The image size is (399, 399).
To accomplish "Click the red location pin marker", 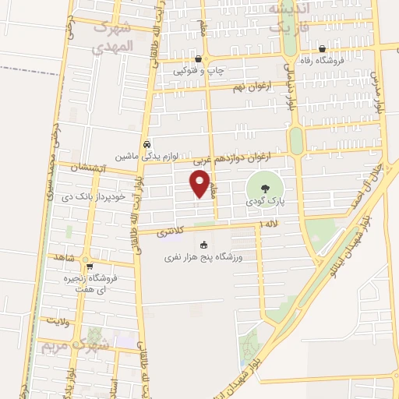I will click(200, 184).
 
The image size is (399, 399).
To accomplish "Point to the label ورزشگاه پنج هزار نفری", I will click(205, 256).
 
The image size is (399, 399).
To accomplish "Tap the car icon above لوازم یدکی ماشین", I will click(147, 145).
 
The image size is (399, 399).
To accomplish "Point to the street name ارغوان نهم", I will click(250, 87).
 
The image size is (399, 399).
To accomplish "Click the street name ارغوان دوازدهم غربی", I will click(245, 158).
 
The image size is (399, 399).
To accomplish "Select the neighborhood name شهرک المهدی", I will click(113, 36).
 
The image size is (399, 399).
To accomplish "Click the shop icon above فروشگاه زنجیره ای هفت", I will click(90, 266).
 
